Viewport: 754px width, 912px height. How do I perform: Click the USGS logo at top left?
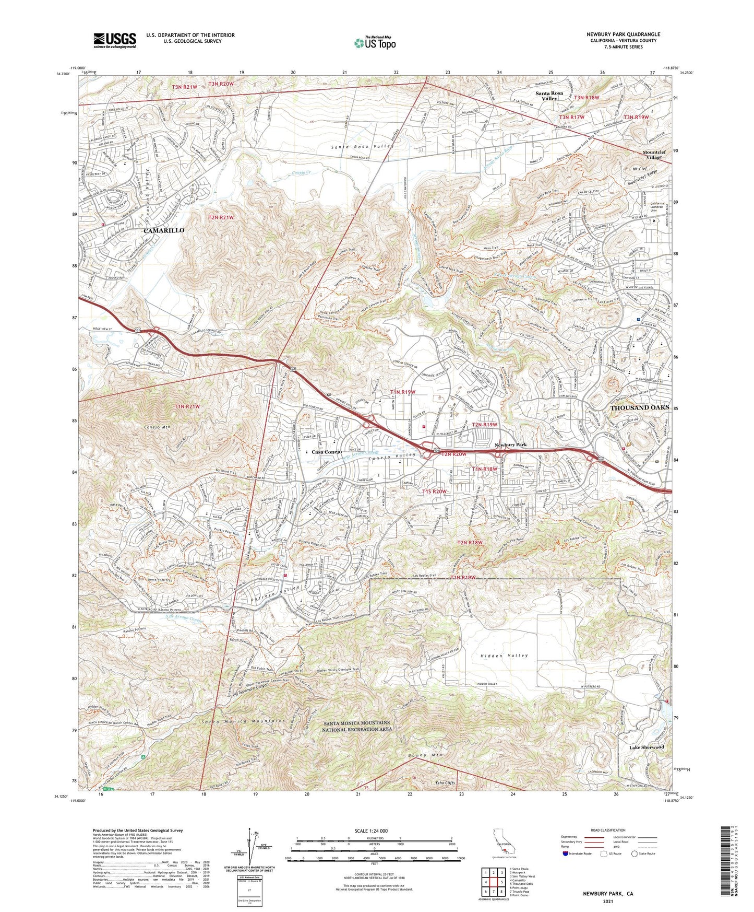click(115, 40)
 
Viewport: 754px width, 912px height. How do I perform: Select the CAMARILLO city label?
click(164, 230)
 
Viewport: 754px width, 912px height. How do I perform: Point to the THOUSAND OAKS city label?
click(639, 407)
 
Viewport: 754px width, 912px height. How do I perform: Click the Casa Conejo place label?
click(326, 452)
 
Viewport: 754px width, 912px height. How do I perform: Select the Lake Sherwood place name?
click(646, 747)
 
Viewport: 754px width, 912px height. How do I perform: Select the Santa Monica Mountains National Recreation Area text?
click(356, 726)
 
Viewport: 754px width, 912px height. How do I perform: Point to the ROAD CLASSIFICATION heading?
click(607, 830)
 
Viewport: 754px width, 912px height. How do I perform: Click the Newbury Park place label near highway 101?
click(510, 445)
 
